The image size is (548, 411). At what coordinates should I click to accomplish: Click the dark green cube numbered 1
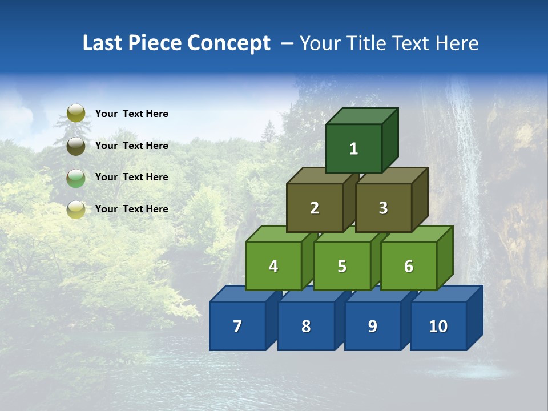tap(353, 148)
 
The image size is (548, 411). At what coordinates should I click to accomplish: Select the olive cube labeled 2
tap(315, 208)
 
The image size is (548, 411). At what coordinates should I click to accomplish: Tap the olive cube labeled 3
tap(383, 208)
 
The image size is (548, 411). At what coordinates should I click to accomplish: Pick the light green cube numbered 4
tap(273, 266)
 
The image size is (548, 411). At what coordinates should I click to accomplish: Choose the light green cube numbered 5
tap(342, 266)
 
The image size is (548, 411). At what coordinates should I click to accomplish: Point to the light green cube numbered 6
tap(408, 266)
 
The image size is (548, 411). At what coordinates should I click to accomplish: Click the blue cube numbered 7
tap(237, 326)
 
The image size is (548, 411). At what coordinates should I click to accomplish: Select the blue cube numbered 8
tap(306, 326)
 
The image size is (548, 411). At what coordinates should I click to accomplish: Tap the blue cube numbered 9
tap(372, 326)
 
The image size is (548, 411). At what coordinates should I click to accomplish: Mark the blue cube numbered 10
tap(438, 326)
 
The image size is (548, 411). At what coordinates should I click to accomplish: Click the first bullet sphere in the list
tap(76, 113)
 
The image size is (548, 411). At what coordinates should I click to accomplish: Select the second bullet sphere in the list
tap(76, 146)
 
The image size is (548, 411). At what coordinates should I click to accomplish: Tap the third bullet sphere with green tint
tap(76, 178)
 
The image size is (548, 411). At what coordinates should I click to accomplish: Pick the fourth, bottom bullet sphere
tap(76, 209)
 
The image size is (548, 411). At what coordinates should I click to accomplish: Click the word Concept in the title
tap(229, 43)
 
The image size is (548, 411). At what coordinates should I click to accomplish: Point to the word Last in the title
tap(102, 43)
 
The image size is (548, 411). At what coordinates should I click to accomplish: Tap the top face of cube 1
tap(361, 116)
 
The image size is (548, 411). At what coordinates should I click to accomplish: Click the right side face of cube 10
tap(474, 318)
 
